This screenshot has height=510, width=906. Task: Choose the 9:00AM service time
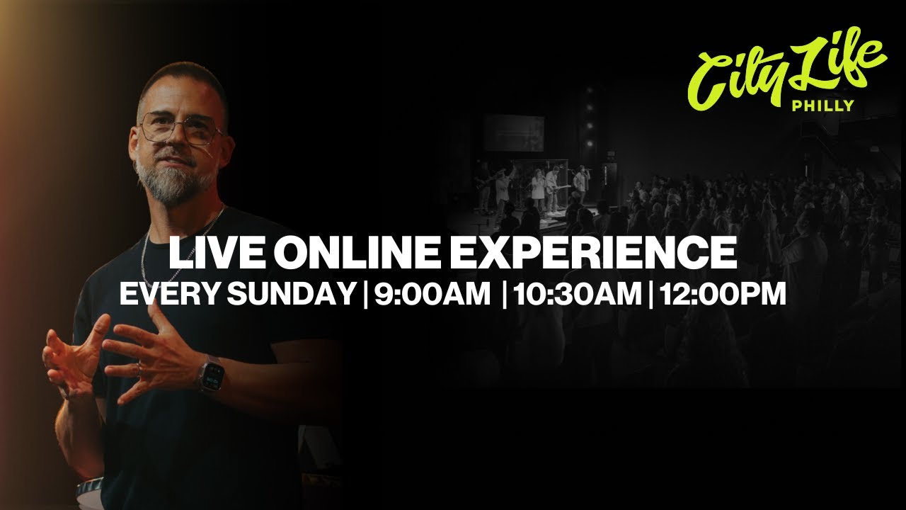[432, 294]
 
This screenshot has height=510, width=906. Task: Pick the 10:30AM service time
[578, 294]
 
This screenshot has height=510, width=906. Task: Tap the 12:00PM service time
[723, 294]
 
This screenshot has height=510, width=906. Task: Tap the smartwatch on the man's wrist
[211, 375]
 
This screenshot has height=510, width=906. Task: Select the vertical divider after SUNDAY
[365, 294]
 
